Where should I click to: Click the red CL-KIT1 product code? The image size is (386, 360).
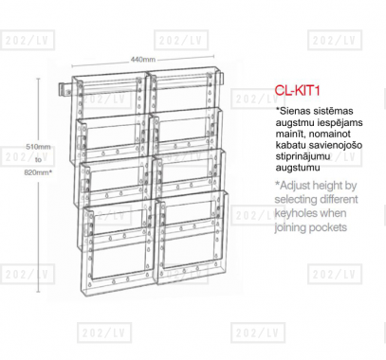point(297,90)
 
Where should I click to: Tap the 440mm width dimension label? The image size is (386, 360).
point(143,60)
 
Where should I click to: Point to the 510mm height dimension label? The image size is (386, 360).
point(38,147)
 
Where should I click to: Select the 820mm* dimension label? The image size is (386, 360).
point(38,172)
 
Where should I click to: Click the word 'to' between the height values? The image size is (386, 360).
point(38,159)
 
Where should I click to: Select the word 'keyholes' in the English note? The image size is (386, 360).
point(295,213)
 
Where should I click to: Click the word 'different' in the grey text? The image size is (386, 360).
point(340,199)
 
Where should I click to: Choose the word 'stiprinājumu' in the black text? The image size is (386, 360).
point(303,156)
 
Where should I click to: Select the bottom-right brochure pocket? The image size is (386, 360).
point(193,238)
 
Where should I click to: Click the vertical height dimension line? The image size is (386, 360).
point(39,186)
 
